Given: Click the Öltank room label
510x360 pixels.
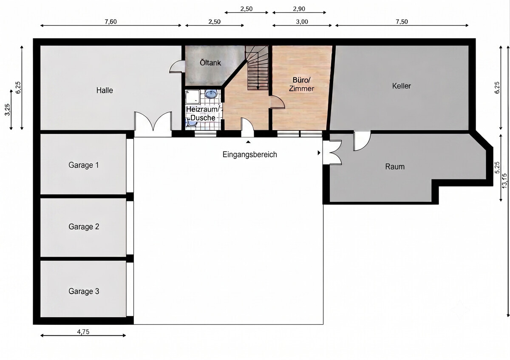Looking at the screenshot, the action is tap(210, 62).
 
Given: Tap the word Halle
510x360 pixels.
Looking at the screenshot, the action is tap(105, 91).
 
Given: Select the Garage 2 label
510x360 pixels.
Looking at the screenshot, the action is tap(84, 227).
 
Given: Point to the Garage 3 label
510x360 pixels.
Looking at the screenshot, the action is tap(84, 291).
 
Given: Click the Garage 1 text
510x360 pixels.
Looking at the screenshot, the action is tap(84, 165).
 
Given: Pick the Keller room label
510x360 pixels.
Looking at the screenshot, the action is tap(401, 86).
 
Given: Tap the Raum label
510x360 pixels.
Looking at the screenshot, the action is tap(395, 167).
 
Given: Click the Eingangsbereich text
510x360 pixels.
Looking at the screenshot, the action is tap(250, 155).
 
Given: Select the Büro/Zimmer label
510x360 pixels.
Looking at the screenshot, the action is tap(301, 84).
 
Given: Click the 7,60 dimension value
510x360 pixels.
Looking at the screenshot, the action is tap(110, 22).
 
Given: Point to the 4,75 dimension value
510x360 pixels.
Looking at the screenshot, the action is tap(83, 332).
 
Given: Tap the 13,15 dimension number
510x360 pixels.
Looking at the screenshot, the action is tap(504, 181).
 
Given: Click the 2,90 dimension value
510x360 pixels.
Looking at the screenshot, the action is tap(299, 9).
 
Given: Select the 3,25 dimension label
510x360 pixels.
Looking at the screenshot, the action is tap(8, 110).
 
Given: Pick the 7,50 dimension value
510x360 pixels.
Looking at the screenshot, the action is tap(402, 22).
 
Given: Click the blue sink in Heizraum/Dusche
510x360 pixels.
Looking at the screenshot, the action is tap(211, 94).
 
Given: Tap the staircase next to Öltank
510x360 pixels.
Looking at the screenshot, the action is tap(257, 68).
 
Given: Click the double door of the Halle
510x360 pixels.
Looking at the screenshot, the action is tap(153, 122).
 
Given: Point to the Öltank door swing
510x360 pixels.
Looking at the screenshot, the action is tap(176, 66).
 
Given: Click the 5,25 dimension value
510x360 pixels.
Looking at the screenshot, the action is tap(497, 167).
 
